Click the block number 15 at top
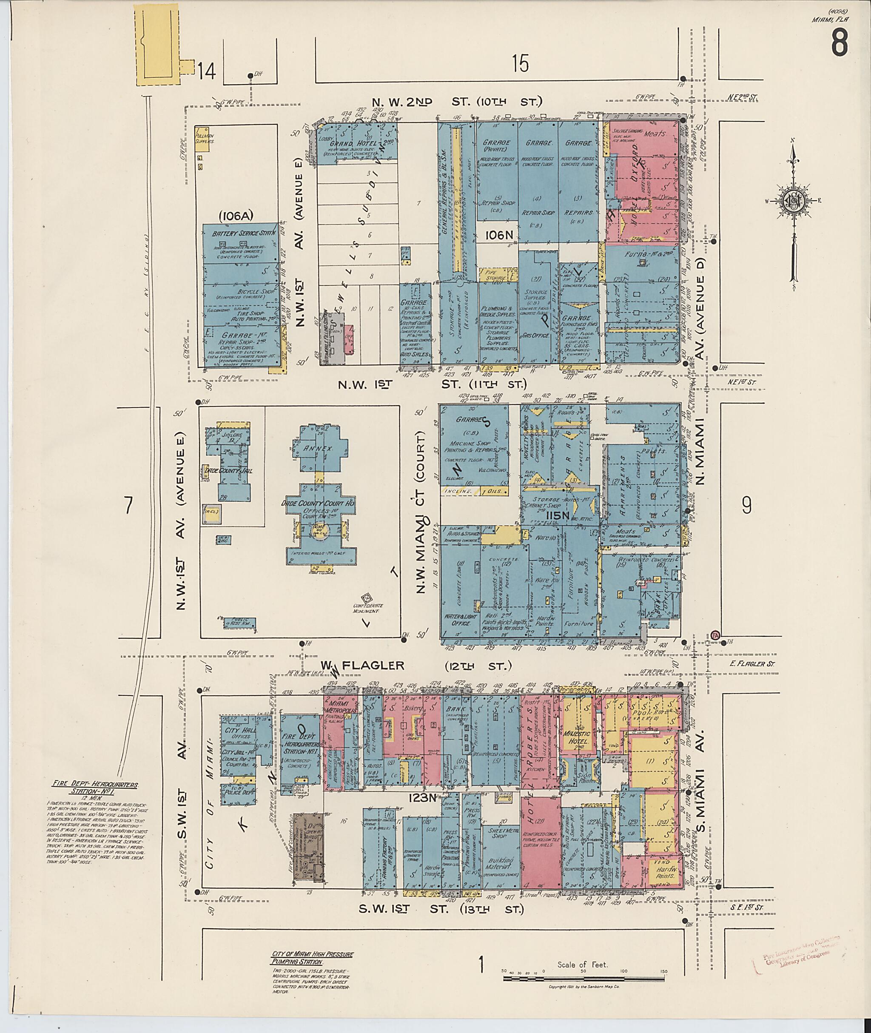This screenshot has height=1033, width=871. pos(520,64)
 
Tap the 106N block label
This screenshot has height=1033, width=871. pos(500,236)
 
